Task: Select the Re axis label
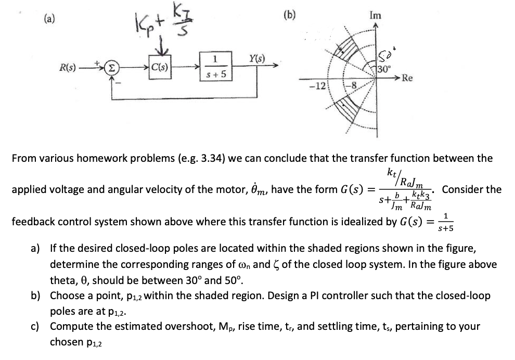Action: click(408, 79)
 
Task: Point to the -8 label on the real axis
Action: click(338, 85)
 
